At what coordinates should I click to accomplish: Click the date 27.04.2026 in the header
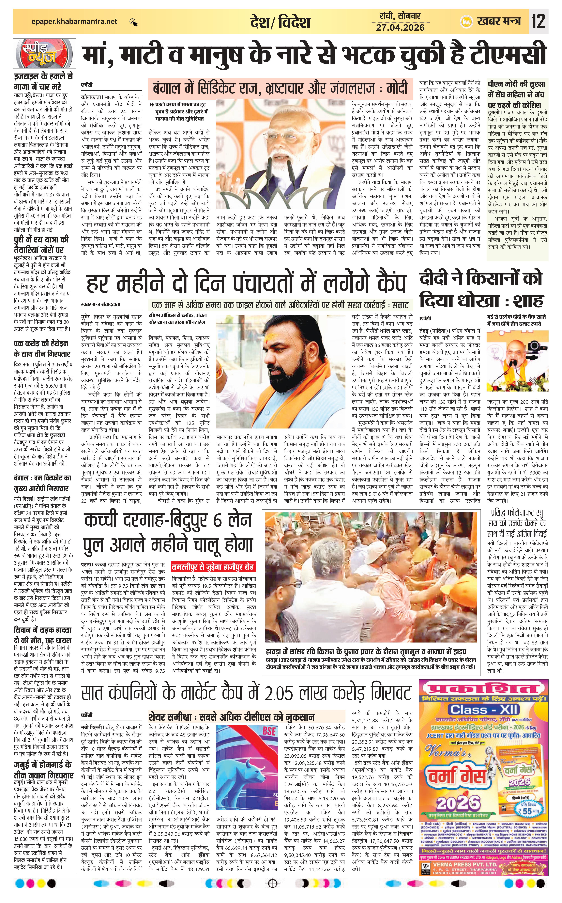[400, 27]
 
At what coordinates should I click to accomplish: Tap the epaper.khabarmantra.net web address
[74, 22]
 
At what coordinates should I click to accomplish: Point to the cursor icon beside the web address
[133, 22]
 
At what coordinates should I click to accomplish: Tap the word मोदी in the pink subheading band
[394, 89]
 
